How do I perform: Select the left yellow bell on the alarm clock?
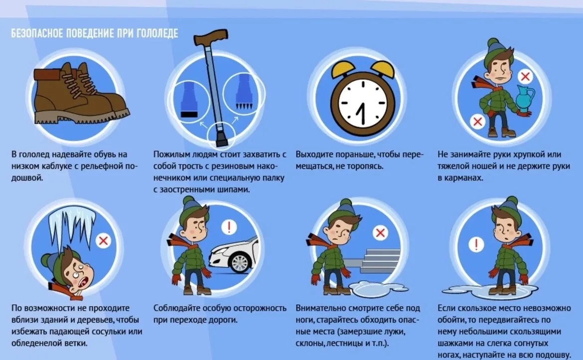coord(343,69)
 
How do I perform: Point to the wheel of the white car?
coord(240,262)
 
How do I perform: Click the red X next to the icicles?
coord(103,241)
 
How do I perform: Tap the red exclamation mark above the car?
coord(229,226)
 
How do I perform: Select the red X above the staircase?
coord(380,233)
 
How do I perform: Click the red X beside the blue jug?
coord(525,77)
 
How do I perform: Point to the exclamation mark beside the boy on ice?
coord(475,245)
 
